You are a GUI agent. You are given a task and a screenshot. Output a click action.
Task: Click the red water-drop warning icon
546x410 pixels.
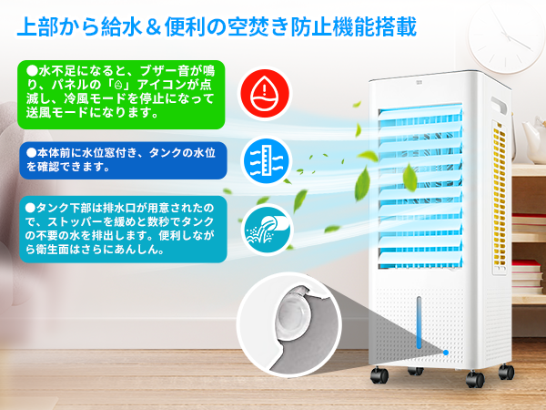[x=264, y=91]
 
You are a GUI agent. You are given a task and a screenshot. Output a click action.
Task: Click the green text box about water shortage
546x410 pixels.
[x=119, y=92]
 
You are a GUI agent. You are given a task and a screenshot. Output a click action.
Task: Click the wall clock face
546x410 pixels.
[x=505, y=27]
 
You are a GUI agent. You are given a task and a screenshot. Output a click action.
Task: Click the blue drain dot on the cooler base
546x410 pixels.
[x=447, y=352]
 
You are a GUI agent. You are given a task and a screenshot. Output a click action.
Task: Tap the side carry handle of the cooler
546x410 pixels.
[x=498, y=100]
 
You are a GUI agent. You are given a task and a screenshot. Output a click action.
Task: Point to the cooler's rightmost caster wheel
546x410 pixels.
[x=507, y=372]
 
